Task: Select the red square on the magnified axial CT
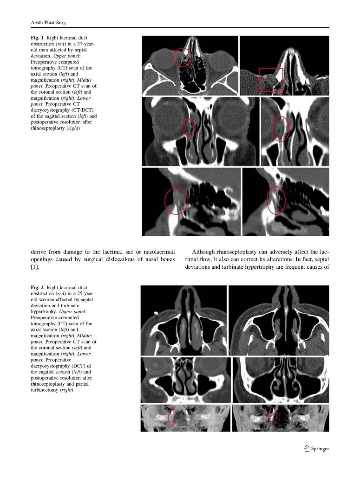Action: (x=271, y=80)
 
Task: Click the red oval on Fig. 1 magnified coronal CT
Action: (x=280, y=129)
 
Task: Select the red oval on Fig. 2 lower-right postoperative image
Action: (x=273, y=416)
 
